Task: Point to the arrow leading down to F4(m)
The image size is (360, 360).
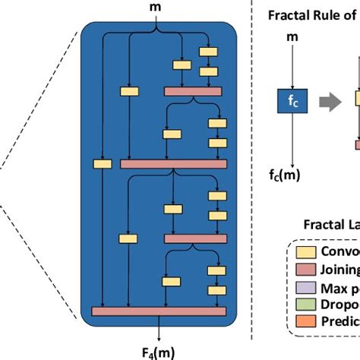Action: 159,328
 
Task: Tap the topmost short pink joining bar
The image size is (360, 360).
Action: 193,91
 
